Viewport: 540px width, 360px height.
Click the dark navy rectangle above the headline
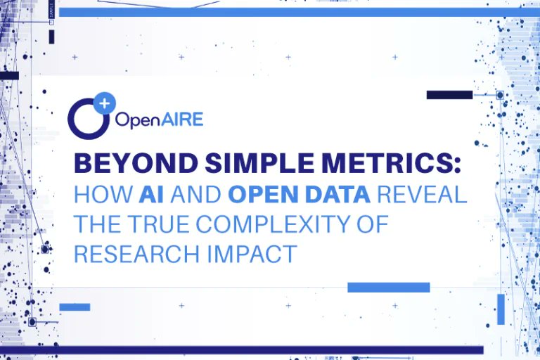click(x=449, y=95)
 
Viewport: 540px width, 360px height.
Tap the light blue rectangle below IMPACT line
click(x=388, y=287)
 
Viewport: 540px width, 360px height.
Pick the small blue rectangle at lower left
click(x=75, y=307)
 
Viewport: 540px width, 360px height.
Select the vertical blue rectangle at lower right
click(x=501, y=309)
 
